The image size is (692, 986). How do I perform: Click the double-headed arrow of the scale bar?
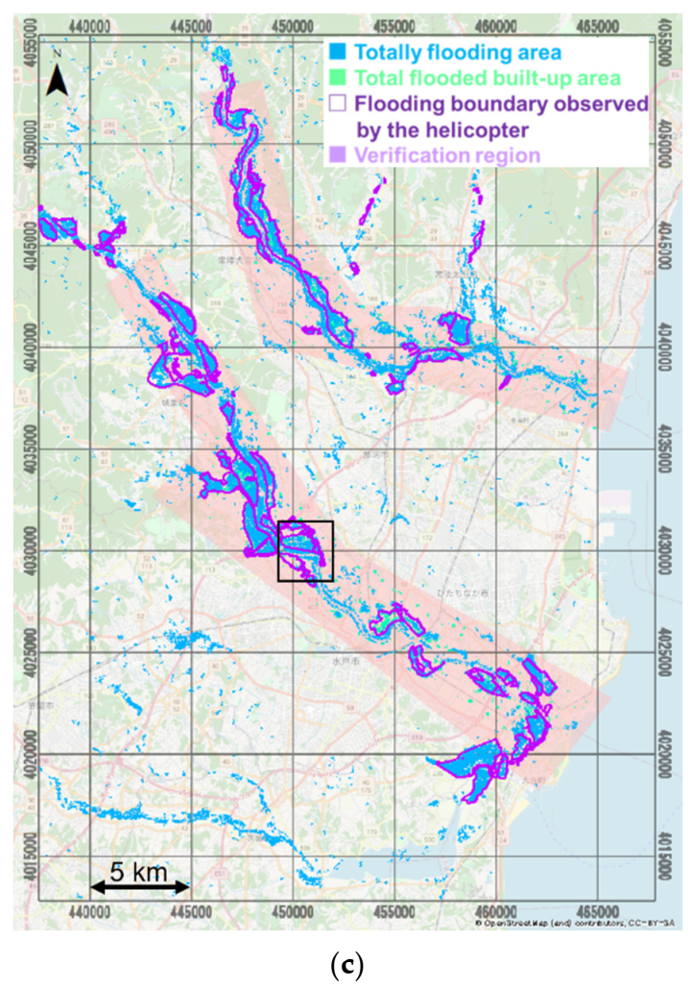[140, 889]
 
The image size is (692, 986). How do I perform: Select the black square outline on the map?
[305, 551]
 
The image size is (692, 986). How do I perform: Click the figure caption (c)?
[346, 965]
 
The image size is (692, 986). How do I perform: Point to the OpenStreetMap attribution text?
[576, 923]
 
